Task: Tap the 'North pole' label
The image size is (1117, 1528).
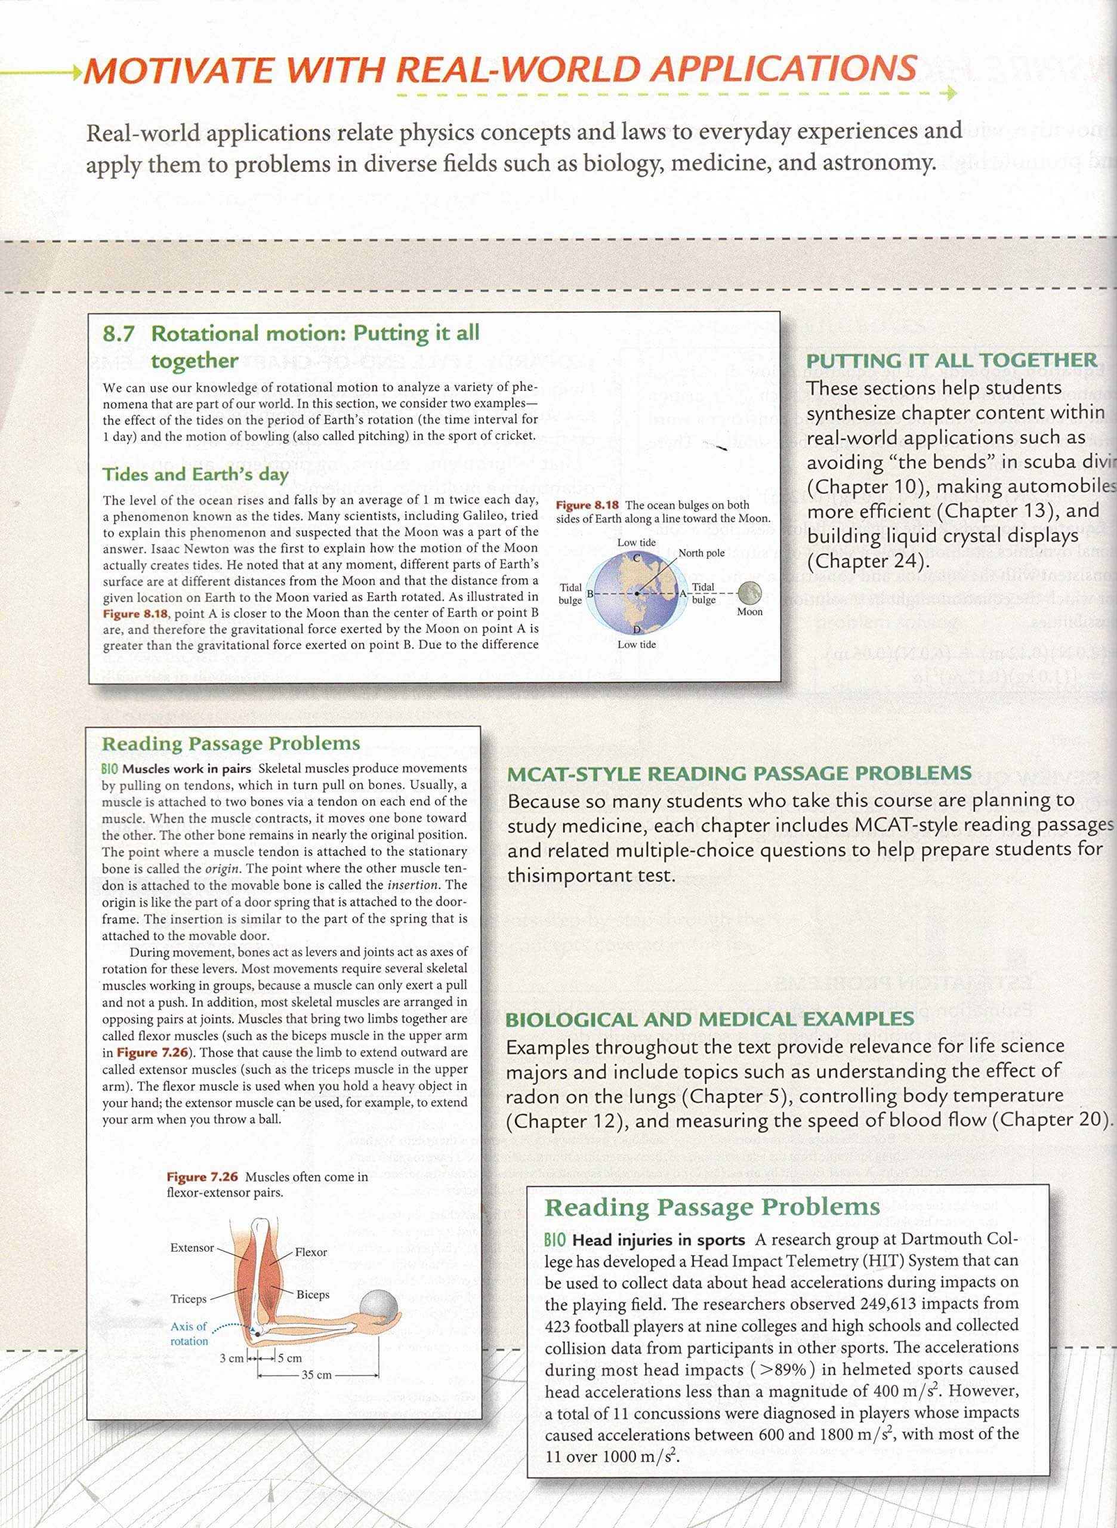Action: point(701,553)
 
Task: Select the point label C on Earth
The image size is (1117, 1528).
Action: point(636,558)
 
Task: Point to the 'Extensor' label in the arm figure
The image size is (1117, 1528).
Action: point(192,1247)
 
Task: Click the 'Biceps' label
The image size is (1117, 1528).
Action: point(313,1294)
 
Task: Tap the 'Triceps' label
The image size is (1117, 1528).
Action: point(189,1298)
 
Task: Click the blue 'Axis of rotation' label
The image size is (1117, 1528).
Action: point(189,1333)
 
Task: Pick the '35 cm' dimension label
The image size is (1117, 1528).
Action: point(316,1375)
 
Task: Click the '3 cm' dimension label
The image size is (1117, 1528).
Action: point(232,1357)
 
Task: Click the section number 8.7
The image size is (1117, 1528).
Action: point(118,334)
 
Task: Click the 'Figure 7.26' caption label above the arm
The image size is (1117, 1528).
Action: point(202,1177)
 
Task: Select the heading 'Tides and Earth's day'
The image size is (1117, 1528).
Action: point(195,474)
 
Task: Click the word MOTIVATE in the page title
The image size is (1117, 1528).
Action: point(178,70)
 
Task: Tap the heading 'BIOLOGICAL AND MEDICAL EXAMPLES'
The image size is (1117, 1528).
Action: point(709,1019)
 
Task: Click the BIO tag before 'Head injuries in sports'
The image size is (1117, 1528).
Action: point(554,1240)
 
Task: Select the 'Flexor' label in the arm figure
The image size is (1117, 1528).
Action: point(310,1252)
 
